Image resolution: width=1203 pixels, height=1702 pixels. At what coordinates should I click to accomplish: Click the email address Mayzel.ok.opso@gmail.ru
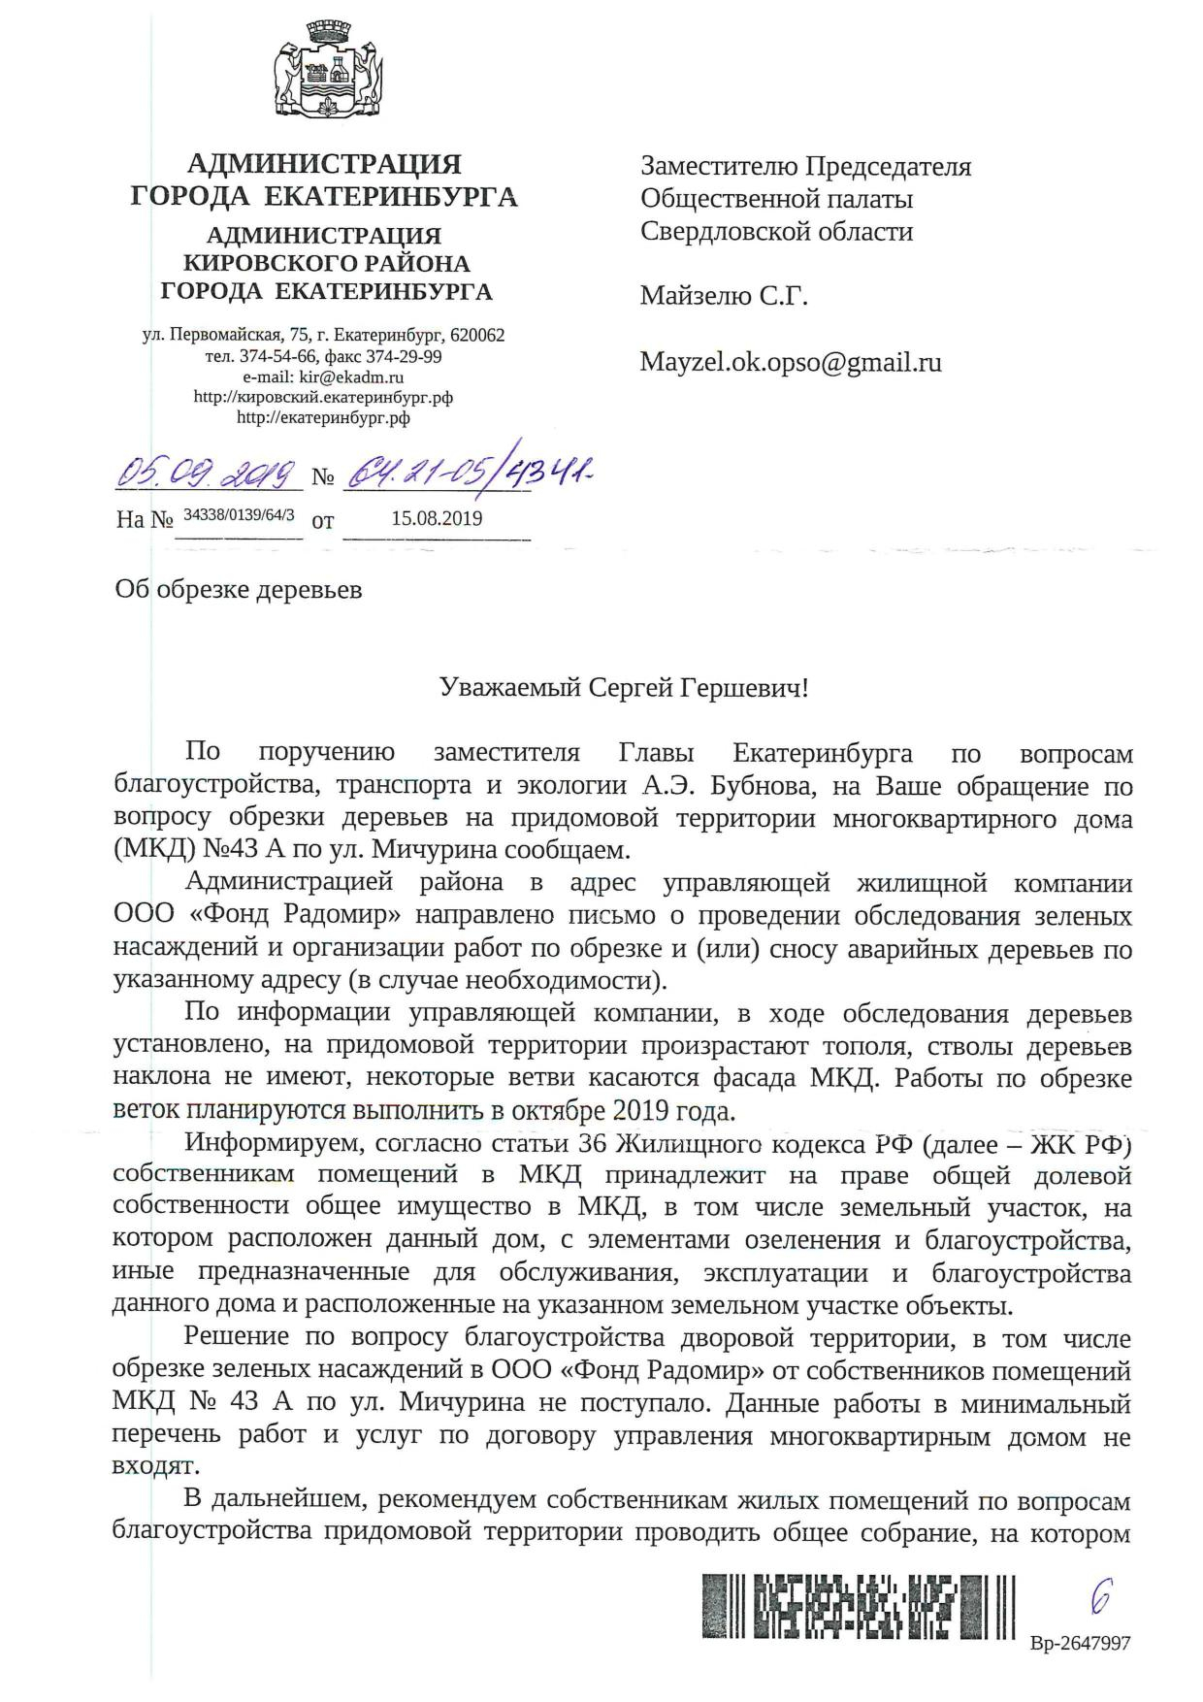click(791, 362)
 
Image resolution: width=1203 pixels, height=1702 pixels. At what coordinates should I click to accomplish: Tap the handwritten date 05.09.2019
click(206, 474)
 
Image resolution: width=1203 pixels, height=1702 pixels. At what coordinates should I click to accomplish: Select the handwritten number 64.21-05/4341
click(467, 474)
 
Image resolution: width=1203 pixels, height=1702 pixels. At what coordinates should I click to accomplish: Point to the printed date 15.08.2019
click(437, 518)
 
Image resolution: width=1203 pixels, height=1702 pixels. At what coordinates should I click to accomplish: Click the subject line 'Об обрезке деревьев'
click(238, 589)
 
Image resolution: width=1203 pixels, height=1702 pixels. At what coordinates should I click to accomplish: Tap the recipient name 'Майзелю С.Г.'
click(724, 296)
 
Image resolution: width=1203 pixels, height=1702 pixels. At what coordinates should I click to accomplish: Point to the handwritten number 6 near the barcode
click(1100, 1594)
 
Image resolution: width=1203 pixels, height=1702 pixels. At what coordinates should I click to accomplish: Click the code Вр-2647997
click(1080, 1644)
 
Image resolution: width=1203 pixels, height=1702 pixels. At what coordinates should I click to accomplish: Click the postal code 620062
click(476, 336)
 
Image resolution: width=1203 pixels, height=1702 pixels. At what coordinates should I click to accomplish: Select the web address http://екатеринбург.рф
click(323, 418)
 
